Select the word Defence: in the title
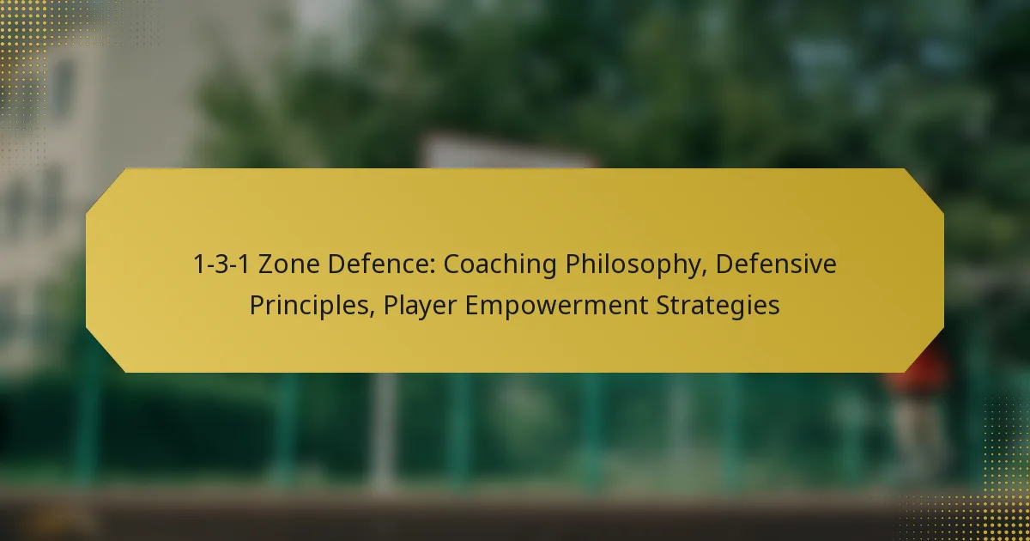(x=384, y=265)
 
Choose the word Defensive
(x=776, y=265)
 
